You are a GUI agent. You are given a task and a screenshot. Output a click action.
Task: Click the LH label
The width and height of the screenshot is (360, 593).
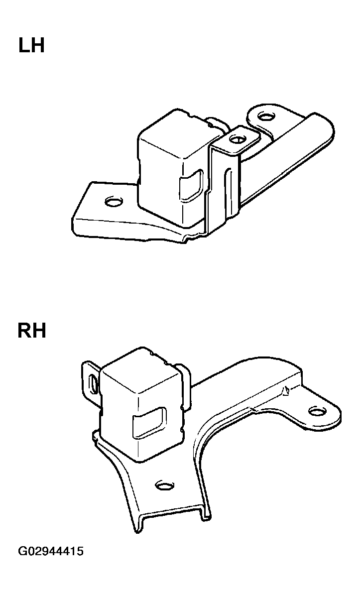pos(31,45)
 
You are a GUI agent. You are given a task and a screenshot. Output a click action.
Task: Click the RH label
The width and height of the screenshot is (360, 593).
pos(32,330)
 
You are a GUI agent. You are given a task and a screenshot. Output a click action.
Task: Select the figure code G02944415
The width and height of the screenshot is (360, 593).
pos(50,551)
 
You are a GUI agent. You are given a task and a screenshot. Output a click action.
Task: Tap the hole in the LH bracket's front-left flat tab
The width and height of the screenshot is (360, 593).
pos(113,202)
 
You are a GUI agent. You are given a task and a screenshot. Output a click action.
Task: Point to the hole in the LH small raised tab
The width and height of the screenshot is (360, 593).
pos(237,139)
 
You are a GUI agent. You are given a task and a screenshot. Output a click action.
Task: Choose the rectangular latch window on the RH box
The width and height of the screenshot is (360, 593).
pos(149,424)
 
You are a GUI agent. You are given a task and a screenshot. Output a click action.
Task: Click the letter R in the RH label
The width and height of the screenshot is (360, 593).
pos(24,330)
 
